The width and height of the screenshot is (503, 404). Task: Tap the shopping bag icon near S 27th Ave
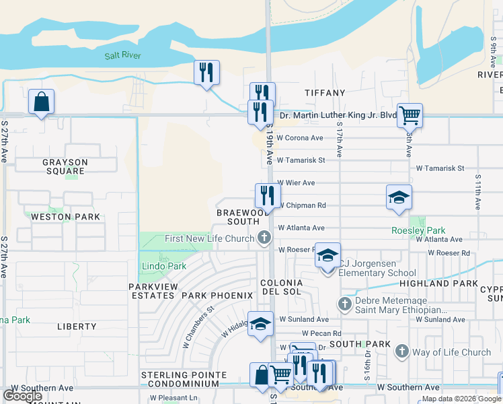[x=42, y=102]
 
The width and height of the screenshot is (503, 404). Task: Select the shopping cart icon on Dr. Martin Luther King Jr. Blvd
[x=409, y=114]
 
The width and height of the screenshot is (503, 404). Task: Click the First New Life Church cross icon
[x=264, y=237]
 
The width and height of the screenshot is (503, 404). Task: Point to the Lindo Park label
[x=164, y=267]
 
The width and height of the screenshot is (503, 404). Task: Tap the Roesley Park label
[x=419, y=230]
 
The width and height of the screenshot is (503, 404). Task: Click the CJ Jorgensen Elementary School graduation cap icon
[x=328, y=256]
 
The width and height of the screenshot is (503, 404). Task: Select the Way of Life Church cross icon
[x=401, y=351]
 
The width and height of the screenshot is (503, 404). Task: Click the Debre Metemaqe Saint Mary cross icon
[x=345, y=304]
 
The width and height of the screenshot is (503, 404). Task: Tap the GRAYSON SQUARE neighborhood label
[x=65, y=166]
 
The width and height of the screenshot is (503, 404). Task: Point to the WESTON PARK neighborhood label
[x=65, y=217]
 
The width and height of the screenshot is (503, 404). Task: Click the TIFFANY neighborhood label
[x=324, y=92]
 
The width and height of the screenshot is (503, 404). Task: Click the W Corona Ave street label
[x=301, y=138]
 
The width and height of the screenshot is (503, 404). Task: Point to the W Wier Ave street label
[x=297, y=182]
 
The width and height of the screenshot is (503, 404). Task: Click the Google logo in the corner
[x=23, y=396]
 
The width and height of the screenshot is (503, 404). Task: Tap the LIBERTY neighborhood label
[x=77, y=327]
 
